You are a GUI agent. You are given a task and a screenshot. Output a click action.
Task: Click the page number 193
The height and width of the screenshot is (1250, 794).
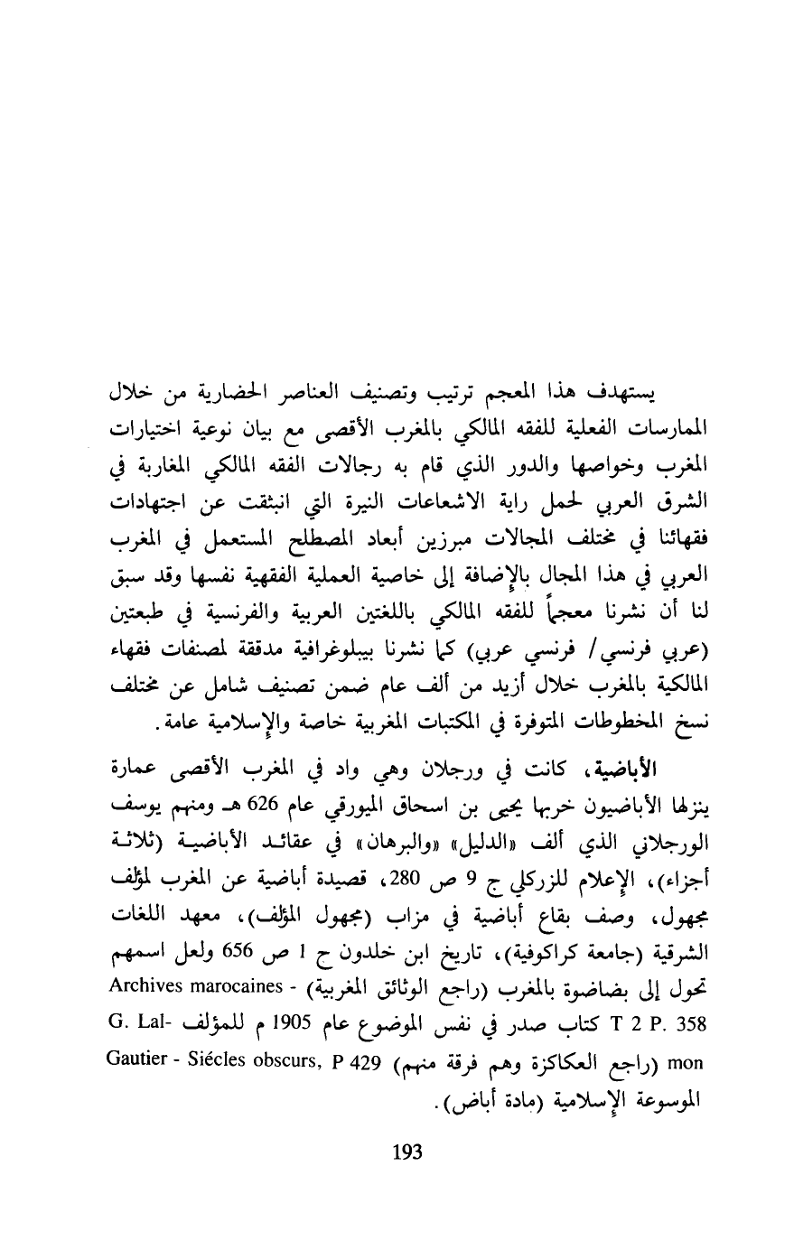click(408, 1152)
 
